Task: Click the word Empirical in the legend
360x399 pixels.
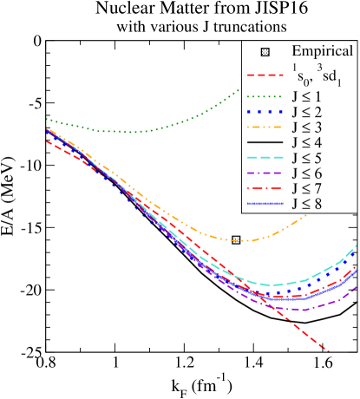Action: [322, 51]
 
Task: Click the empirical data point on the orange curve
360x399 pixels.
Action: [236, 239]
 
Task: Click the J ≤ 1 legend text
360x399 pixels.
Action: [307, 96]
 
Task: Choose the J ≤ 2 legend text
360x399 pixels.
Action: [307, 113]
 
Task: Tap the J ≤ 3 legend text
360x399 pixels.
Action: [307, 128]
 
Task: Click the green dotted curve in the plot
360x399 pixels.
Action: [130, 132]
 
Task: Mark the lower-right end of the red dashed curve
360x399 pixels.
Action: [328, 350]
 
